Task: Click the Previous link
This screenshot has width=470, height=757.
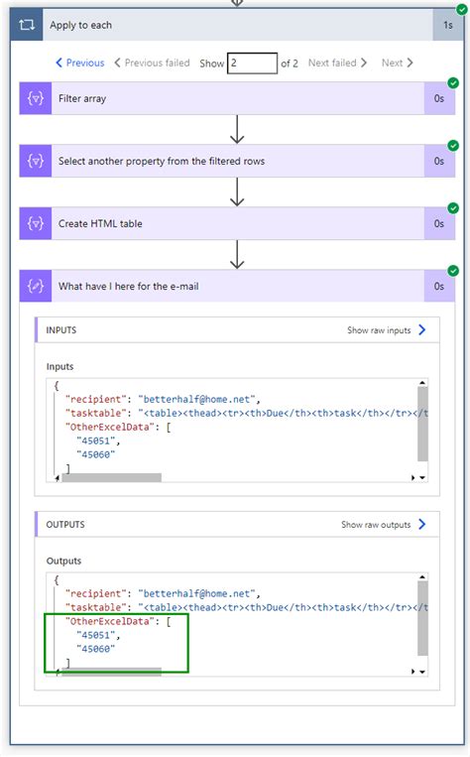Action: tap(79, 63)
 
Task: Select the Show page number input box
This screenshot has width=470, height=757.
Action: tap(252, 63)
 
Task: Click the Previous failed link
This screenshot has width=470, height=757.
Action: tap(152, 63)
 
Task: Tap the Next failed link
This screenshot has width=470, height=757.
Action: tap(337, 63)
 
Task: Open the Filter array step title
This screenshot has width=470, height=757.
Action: tap(82, 99)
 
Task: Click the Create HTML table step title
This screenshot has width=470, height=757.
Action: tap(100, 224)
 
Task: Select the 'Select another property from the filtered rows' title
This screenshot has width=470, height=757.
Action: tap(162, 161)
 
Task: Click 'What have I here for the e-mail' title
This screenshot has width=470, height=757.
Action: tap(129, 287)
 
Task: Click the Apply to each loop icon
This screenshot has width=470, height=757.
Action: tap(27, 25)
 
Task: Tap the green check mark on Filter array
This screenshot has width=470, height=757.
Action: tap(453, 83)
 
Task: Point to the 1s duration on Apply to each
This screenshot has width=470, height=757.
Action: tap(447, 25)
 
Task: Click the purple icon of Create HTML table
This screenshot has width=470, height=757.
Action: tap(36, 224)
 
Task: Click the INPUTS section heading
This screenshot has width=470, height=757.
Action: tap(61, 330)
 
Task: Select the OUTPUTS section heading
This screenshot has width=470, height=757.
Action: tap(65, 525)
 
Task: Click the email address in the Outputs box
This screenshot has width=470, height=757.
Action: tap(198, 593)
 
